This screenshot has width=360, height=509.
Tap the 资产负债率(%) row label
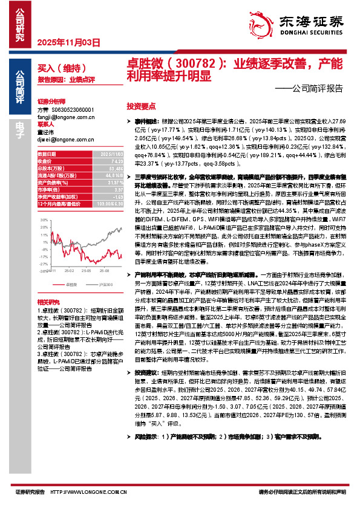[x=52, y=183]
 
